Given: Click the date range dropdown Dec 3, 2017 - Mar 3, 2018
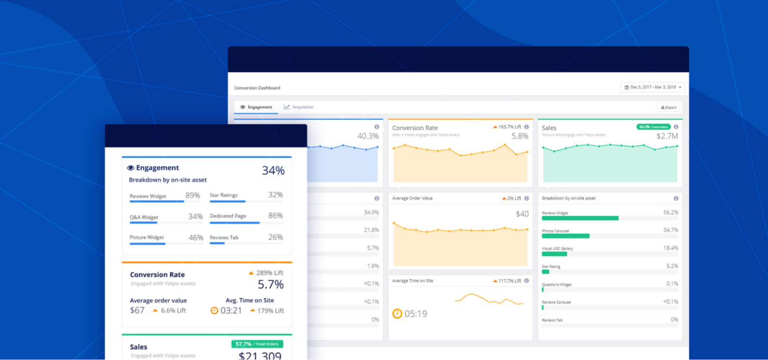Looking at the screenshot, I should (x=653, y=87).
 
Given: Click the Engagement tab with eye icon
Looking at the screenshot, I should (x=256, y=107).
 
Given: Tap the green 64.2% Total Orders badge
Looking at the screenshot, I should (x=653, y=127).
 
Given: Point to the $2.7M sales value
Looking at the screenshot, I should (x=667, y=136).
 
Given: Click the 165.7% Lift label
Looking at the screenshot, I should (x=508, y=127).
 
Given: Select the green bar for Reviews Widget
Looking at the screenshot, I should (x=580, y=218).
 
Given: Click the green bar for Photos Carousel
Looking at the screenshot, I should (x=566, y=236).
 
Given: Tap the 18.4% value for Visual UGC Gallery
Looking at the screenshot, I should (x=670, y=248).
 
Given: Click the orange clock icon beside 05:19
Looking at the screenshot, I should (x=397, y=314).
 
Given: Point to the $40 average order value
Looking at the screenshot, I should (x=522, y=214).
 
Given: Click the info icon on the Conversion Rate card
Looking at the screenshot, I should (x=526, y=127).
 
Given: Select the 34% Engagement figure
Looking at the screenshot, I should (x=273, y=171).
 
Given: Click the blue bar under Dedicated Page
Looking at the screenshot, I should (x=235, y=223).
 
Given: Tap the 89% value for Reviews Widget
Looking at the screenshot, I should (x=193, y=196).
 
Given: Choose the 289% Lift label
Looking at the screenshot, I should (x=267, y=273).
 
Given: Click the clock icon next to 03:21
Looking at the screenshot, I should (x=215, y=311).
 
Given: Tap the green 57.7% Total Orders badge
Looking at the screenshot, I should (x=257, y=344).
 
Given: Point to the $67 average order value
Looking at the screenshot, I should (x=137, y=310).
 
